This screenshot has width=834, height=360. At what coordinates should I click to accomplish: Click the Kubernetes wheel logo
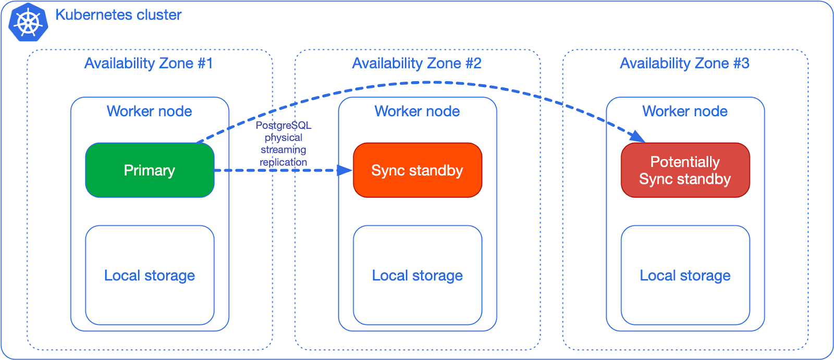(x=28, y=22)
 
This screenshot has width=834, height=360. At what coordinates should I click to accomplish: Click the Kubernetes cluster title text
(x=118, y=15)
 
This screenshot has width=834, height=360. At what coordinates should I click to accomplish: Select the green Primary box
(x=150, y=170)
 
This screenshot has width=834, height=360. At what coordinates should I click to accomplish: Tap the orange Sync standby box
(x=418, y=170)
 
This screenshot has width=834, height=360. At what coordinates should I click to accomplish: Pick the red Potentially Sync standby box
(x=685, y=170)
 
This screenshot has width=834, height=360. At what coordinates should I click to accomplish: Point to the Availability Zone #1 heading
(x=149, y=64)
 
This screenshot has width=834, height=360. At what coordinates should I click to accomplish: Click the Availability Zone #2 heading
(x=416, y=64)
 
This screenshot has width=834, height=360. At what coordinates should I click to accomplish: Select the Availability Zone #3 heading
(x=684, y=64)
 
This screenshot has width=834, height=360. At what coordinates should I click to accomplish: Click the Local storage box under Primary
(x=150, y=275)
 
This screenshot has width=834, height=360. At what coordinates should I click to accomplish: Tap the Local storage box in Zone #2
(x=418, y=275)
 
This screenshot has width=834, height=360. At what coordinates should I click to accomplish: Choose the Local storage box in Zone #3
(x=685, y=275)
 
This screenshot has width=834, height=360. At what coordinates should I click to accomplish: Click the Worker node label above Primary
(x=150, y=111)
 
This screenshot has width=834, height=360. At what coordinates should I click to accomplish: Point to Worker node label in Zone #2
(x=417, y=111)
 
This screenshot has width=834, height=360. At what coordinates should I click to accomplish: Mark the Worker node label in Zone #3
(x=685, y=111)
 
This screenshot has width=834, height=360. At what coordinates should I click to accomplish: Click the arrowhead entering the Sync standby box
(x=346, y=170)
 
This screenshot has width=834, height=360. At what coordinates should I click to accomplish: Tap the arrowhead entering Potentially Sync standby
(x=637, y=136)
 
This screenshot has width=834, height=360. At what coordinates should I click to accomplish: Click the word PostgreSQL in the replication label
(x=284, y=126)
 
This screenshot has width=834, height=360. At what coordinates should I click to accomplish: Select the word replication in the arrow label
(x=284, y=162)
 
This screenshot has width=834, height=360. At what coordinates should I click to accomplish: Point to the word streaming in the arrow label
(x=284, y=150)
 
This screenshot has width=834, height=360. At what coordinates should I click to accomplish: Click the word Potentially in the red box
(x=685, y=162)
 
